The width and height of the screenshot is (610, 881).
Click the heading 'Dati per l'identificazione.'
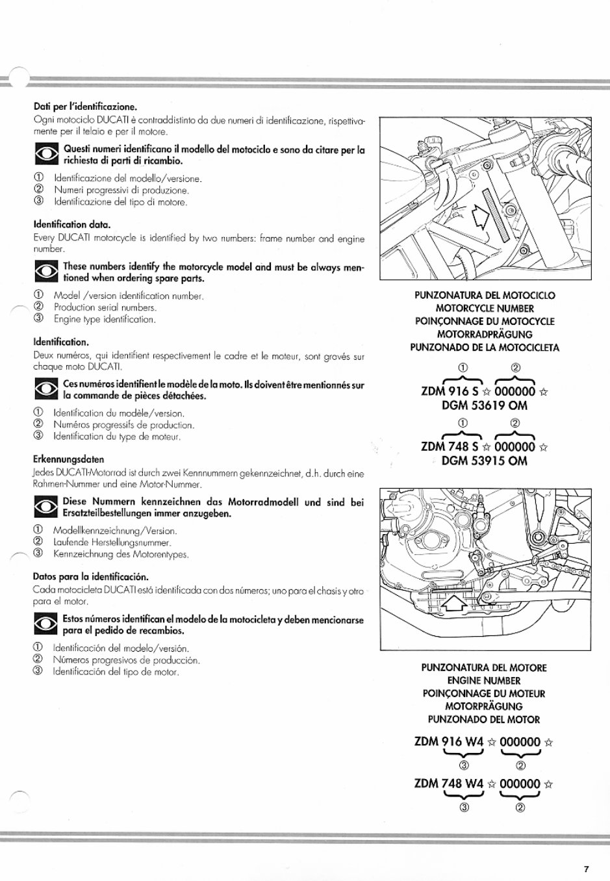coord(85,107)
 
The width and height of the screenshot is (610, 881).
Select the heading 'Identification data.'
coord(72,225)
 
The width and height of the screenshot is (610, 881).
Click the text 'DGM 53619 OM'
coord(484,406)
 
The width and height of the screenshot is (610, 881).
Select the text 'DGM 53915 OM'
coord(484,461)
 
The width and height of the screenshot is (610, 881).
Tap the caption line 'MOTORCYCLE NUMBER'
coord(485,309)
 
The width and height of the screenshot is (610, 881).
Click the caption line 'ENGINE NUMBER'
coord(484,681)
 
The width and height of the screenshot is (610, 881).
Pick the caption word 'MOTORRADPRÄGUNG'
coord(485,335)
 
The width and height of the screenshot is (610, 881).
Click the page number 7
coord(585,869)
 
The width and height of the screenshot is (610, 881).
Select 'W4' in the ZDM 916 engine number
coord(474,742)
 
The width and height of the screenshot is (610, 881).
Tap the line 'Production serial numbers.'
coord(105,308)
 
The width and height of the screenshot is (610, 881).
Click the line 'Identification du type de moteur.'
coord(117,437)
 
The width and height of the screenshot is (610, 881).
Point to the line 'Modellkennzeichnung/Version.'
coord(115,531)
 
